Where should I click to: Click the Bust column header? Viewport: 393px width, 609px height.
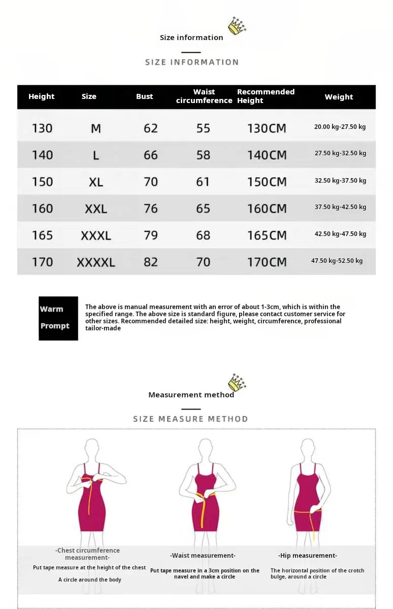click(x=144, y=96)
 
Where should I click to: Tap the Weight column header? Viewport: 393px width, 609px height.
click(x=339, y=97)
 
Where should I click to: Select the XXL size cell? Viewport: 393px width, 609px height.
click(x=96, y=209)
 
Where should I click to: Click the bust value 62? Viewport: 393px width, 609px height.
click(x=151, y=128)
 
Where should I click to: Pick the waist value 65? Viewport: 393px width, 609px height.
click(x=203, y=209)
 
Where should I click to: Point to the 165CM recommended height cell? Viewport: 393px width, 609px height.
click(x=267, y=235)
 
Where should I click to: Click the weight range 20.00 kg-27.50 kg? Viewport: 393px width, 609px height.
click(x=340, y=127)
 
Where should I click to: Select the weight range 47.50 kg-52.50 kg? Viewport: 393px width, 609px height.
click(x=337, y=261)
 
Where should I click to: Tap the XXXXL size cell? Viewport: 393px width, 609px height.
click(x=96, y=262)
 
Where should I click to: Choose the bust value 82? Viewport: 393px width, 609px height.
click(x=151, y=262)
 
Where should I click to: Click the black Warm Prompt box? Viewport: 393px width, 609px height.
click(x=58, y=318)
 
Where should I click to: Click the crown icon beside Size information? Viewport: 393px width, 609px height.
click(x=237, y=26)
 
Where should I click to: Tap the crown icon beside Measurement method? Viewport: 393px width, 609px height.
click(x=237, y=383)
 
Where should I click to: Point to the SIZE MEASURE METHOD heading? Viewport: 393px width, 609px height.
click(x=190, y=419)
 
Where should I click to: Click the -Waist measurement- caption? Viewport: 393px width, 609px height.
click(x=203, y=556)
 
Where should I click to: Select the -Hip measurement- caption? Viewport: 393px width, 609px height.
click(x=307, y=556)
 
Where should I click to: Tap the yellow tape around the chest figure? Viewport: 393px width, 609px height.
click(x=91, y=480)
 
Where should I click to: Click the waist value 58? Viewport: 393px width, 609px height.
click(x=203, y=155)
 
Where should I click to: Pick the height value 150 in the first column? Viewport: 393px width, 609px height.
click(x=42, y=182)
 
